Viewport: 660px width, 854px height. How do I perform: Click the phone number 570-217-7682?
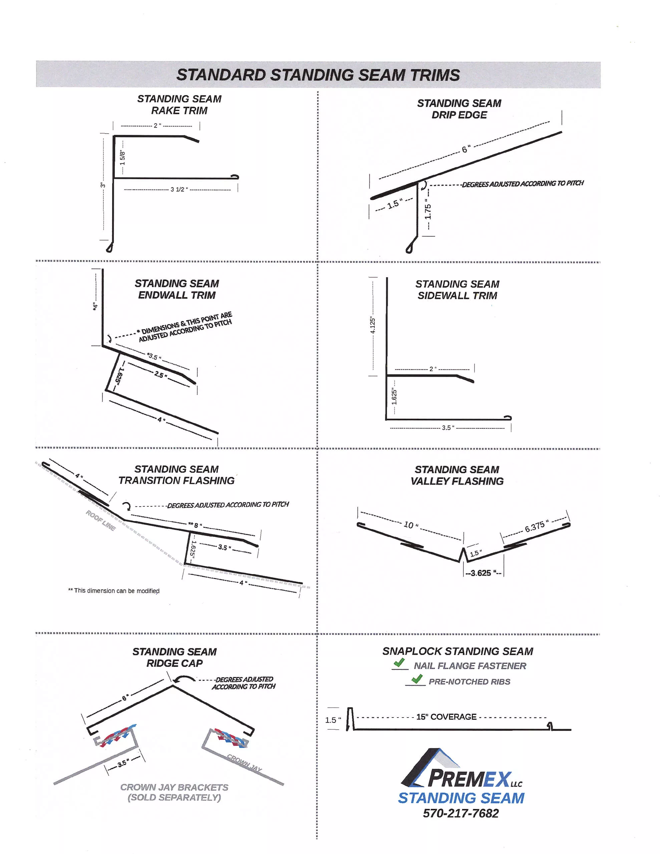point(460,813)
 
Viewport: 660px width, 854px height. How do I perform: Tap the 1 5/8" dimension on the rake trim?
point(122,157)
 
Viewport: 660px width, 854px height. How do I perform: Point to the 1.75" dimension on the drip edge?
point(428,211)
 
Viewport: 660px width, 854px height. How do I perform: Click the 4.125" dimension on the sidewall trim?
point(373,326)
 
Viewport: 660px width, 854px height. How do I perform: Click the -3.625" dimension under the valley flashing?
point(483,573)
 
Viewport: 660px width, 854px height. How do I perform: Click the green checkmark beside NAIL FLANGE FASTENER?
point(399,663)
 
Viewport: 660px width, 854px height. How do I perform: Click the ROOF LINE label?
point(100,520)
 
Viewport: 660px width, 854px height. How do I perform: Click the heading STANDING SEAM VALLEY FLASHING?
point(456,475)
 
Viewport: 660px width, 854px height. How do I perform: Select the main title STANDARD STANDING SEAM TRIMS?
point(318,75)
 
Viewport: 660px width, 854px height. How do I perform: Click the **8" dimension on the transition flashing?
point(195,525)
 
